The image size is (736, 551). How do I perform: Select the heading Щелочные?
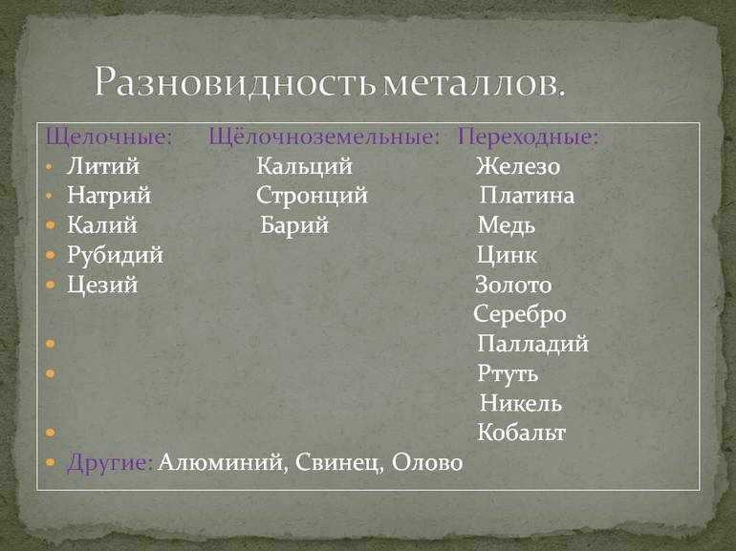pos(109,138)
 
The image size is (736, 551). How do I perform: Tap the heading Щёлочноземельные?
pos(324,138)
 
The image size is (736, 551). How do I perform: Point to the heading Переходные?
pos(528,138)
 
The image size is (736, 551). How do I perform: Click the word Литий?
pos(103,166)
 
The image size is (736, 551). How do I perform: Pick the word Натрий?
pos(109,196)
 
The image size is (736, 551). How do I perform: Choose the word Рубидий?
pos(115,256)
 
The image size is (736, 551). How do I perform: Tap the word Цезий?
pos(102,286)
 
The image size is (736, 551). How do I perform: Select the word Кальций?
pos(304,166)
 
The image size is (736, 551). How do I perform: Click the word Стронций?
pos(312,196)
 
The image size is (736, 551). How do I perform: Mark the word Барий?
pos(294,225)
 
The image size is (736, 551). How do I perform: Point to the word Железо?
pos(518,166)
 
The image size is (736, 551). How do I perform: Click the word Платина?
pos(527,196)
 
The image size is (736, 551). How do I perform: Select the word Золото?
pos(513,285)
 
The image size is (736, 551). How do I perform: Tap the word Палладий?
pos(532,344)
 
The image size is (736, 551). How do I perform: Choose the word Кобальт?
pos(522,433)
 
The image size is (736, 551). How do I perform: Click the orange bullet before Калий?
pos(51,225)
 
